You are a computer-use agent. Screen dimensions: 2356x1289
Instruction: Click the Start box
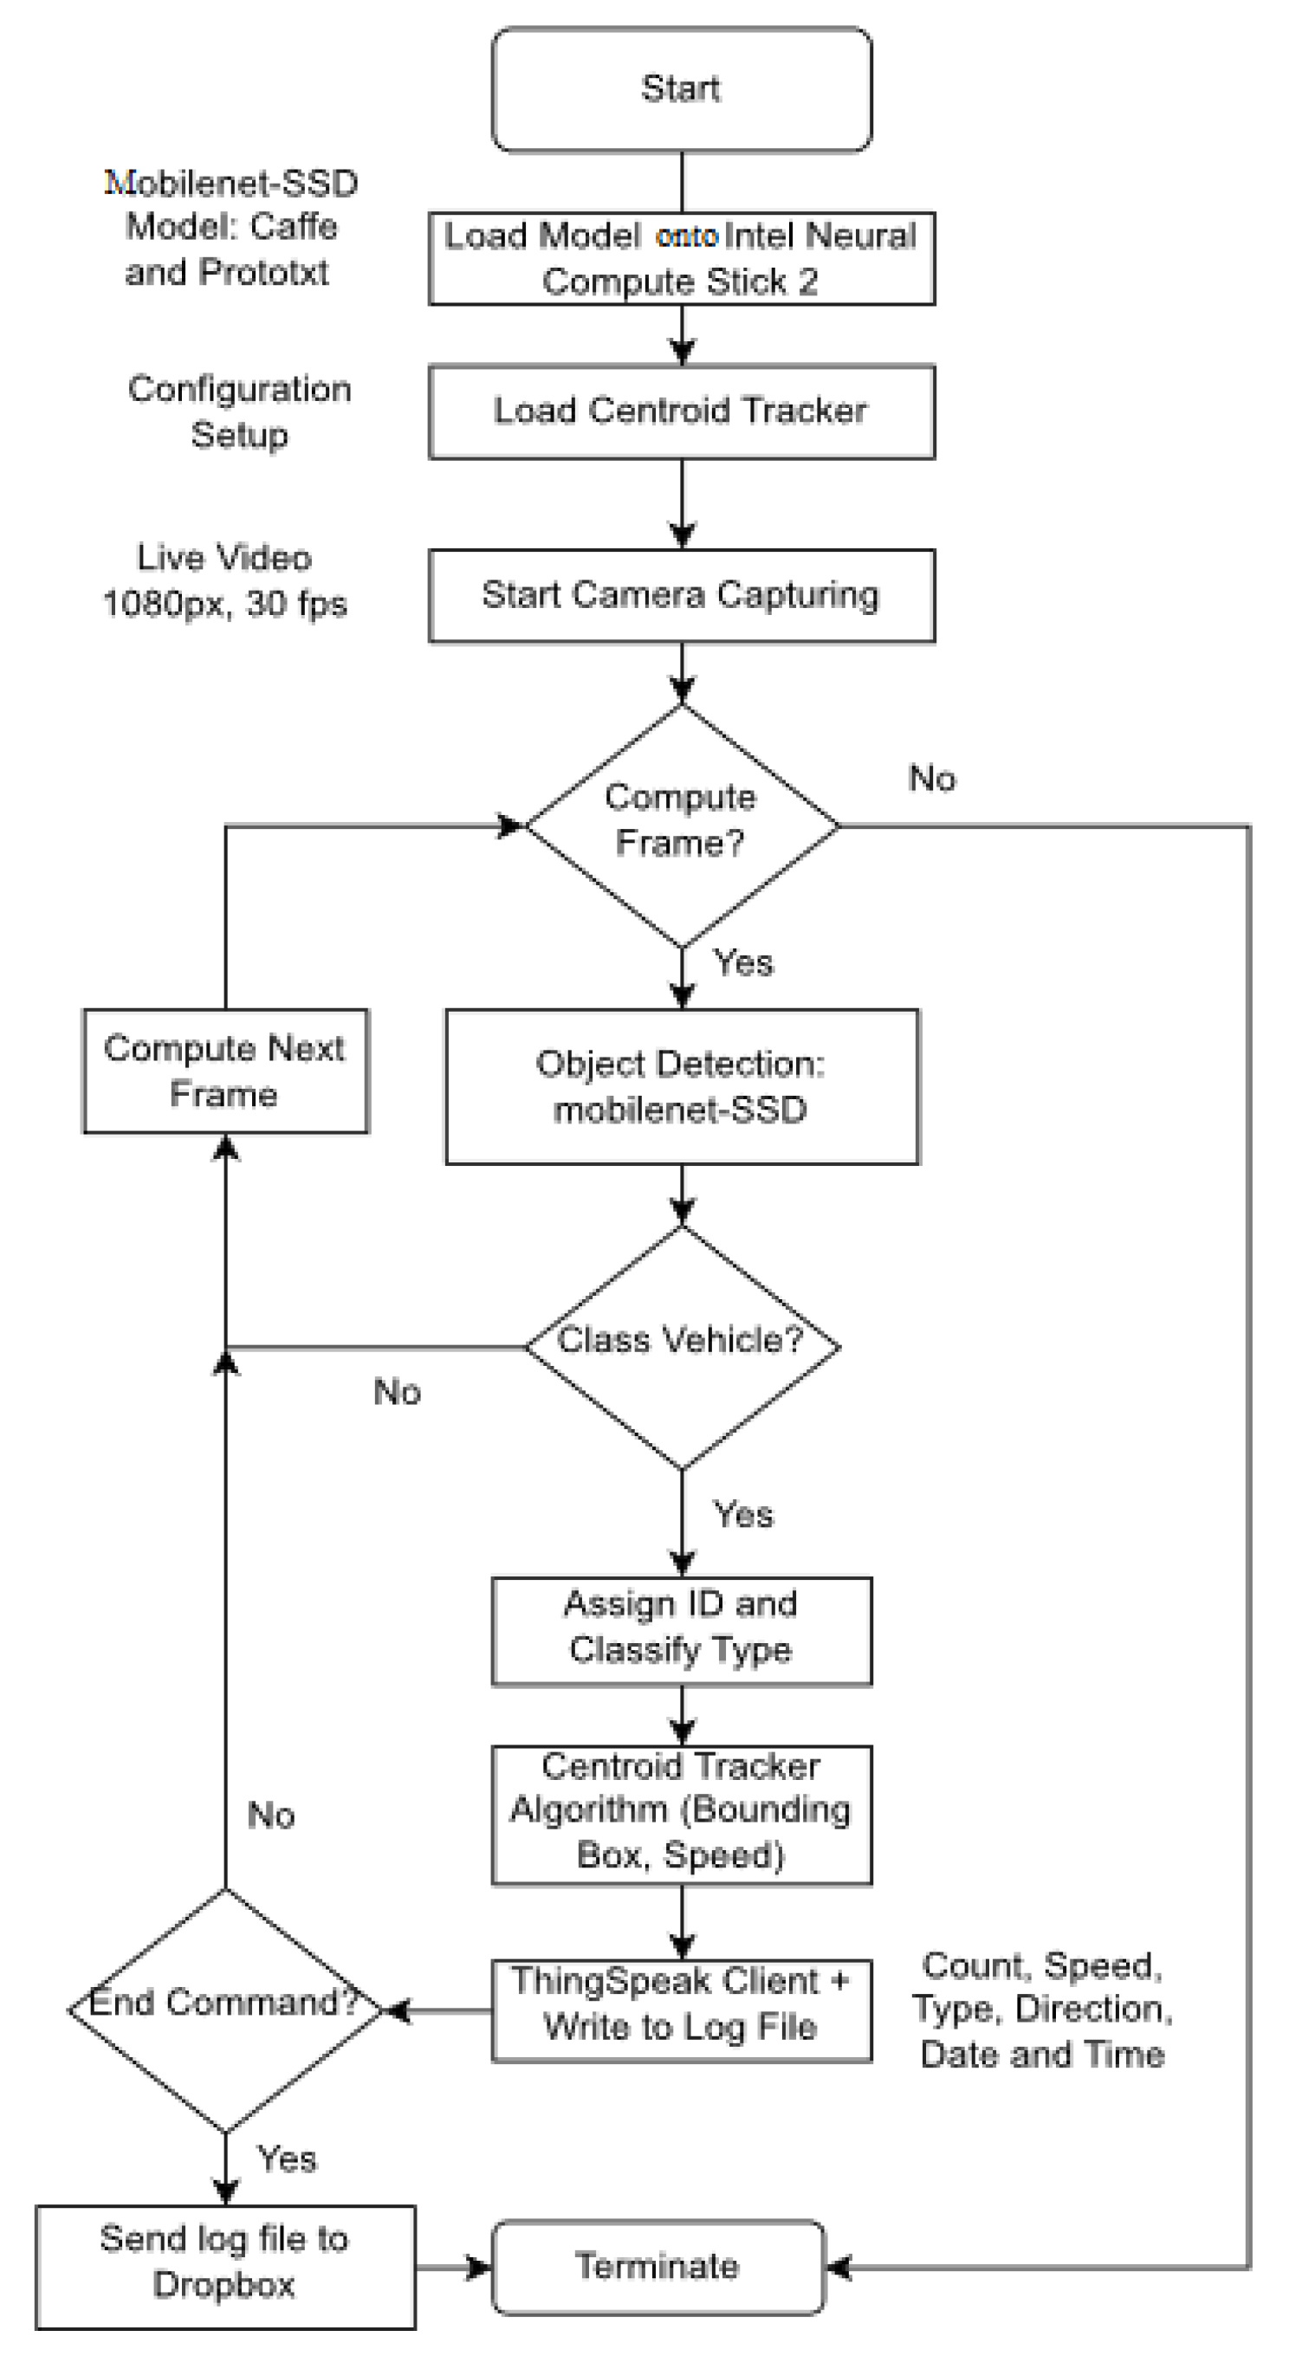(681, 89)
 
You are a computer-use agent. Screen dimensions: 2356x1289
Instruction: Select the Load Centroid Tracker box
(681, 411)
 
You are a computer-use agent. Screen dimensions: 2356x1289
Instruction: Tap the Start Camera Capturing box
(681, 595)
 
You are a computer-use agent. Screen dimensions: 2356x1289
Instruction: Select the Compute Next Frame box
(225, 1071)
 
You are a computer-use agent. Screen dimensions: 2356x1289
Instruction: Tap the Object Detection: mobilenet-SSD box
(681, 1086)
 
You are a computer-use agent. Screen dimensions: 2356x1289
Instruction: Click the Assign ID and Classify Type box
(681, 1630)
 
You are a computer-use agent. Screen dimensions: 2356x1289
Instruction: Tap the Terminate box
(657, 2268)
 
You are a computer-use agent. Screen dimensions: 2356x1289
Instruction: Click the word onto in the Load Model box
(686, 236)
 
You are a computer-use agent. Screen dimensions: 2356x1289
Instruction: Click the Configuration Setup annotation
(239, 411)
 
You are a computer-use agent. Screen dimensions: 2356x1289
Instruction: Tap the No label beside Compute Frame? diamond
(932, 780)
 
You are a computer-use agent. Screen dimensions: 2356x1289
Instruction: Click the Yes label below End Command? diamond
(287, 2159)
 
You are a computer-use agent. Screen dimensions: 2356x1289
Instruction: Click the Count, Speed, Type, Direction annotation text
(1043, 2010)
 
